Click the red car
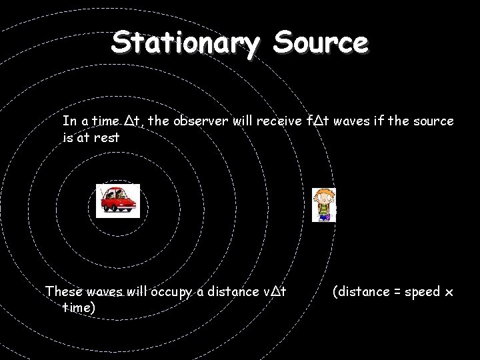tap(117, 201)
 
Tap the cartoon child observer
tap(325, 203)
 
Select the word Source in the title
tap(319, 43)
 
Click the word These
tap(62, 292)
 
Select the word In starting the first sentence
tap(69, 121)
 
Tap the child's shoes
tap(325, 218)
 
